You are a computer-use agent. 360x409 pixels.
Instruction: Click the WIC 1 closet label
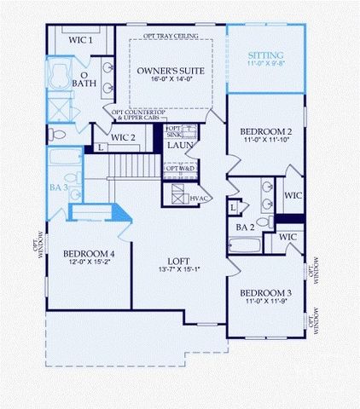[x=80, y=39]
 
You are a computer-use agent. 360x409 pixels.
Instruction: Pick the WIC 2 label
[x=124, y=137]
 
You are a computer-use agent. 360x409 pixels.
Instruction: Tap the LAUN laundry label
[x=180, y=146]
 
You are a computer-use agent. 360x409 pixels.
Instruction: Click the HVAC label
[x=200, y=198]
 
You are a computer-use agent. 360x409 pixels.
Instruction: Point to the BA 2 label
[x=246, y=228]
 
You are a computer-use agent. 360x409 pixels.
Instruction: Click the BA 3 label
[x=58, y=187]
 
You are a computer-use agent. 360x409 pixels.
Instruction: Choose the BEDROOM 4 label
[x=89, y=253]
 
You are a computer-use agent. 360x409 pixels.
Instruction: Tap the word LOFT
[x=179, y=261]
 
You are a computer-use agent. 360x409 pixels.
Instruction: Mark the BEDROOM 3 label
[x=265, y=292]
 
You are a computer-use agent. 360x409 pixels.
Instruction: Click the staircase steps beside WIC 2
[x=133, y=164]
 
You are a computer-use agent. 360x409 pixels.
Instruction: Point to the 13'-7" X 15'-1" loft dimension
[x=179, y=271]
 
